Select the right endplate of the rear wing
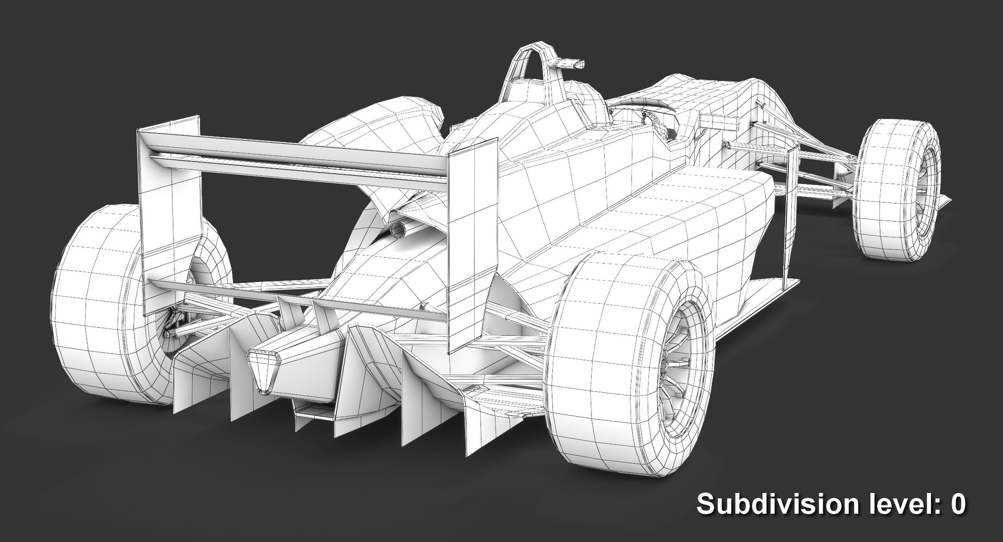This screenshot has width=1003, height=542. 470,245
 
